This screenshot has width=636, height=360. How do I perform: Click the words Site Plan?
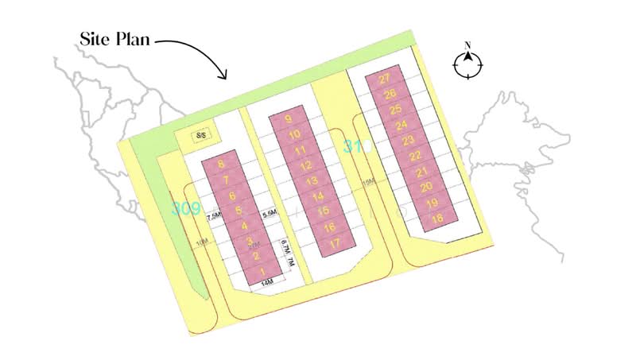(115, 38)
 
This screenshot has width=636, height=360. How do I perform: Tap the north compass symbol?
(468, 64)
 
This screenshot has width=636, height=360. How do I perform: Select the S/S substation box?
(201, 136)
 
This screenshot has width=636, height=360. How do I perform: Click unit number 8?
(221, 165)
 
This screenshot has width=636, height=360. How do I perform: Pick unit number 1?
(262, 272)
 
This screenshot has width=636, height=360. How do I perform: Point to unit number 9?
(289, 119)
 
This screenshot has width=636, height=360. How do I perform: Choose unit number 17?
(335, 242)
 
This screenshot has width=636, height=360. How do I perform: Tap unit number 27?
(385, 79)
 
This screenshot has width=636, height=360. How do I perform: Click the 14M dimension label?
(267, 282)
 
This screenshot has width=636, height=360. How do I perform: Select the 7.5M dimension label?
(214, 215)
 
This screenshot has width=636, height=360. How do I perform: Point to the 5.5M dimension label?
(269, 214)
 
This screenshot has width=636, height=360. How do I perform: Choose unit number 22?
(415, 156)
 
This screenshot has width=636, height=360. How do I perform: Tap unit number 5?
(238, 211)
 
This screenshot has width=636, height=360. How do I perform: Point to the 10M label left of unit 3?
(204, 242)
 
